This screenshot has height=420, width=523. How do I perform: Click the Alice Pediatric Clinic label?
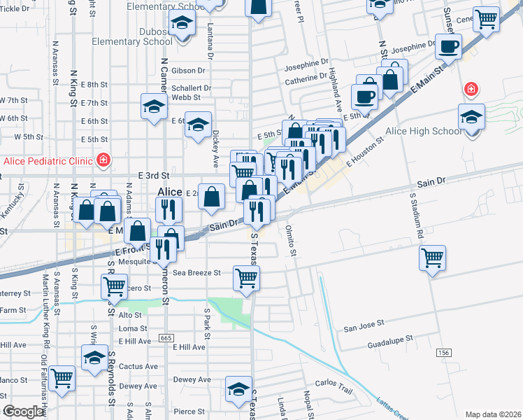click(x=48, y=161)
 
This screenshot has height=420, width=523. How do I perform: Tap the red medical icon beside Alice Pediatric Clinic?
click(x=103, y=160)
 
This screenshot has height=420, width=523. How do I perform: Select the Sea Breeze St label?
click(x=197, y=272)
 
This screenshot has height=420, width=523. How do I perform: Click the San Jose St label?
click(x=364, y=324)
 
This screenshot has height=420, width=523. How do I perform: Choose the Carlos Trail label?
click(x=334, y=383)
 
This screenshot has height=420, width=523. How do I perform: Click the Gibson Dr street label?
click(x=187, y=70)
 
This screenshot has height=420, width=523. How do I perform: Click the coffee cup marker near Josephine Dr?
click(x=448, y=46)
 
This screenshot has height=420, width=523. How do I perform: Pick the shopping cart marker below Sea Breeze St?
click(x=246, y=278)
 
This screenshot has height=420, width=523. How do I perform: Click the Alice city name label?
click(x=169, y=192)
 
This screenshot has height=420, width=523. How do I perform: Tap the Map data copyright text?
click(x=492, y=414)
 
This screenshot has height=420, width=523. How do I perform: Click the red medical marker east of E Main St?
click(x=472, y=89)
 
